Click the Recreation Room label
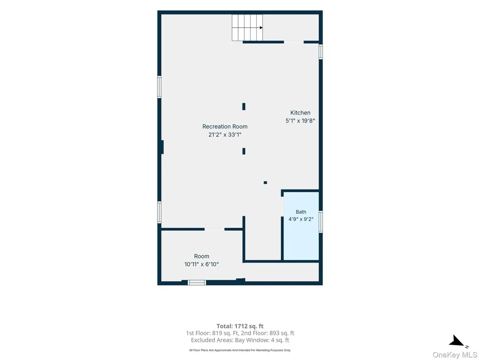point(225,126)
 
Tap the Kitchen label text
point(300,113)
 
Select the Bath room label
point(301,212)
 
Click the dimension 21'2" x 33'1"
point(225,134)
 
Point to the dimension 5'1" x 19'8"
point(300,120)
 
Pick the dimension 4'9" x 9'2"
point(301,219)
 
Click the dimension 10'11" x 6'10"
point(202,264)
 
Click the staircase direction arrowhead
point(261,28)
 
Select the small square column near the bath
point(265,183)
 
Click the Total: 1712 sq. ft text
point(240,326)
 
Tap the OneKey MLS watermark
point(455,355)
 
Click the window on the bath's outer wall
point(321,222)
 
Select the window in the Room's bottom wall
point(197,283)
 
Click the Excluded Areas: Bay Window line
point(240,340)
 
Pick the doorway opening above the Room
point(214,229)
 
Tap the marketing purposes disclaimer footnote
point(240,350)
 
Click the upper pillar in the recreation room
point(244,107)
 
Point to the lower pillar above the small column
point(244,151)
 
